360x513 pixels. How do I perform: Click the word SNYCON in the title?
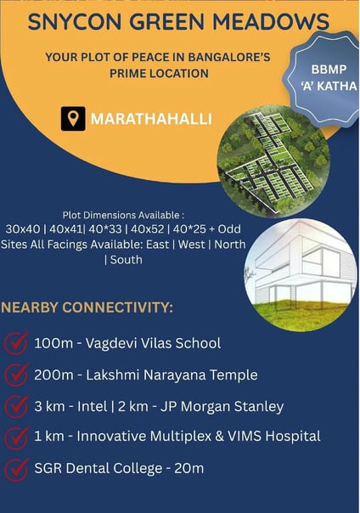coord(74,21)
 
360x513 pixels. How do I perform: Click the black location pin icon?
coord(73,118)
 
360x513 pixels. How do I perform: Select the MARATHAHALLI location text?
coord(151,119)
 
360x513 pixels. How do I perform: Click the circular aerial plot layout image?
coord(273,161)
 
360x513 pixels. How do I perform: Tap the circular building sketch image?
coord(301,275)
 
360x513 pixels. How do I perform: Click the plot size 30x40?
coord(23,229)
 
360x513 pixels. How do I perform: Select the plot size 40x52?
coord(147,229)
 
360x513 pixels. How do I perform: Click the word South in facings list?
coord(127,260)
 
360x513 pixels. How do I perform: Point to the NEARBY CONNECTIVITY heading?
coord(87,307)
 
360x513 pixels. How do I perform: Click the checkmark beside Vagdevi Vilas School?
coord(15,342)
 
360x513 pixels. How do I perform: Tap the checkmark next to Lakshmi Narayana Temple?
coord(15,375)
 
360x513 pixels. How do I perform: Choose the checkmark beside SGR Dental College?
coord(15,470)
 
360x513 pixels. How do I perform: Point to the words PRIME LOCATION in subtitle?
coord(160,73)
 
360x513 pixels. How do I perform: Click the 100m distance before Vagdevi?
coord(53,343)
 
